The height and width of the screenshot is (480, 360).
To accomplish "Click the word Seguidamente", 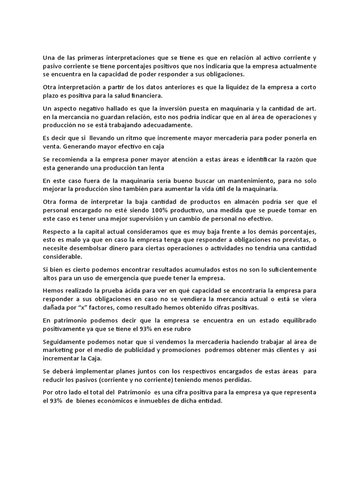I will click(65, 341).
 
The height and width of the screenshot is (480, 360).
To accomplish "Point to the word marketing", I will click(58, 350).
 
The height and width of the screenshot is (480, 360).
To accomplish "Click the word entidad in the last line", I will click(209, 401).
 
